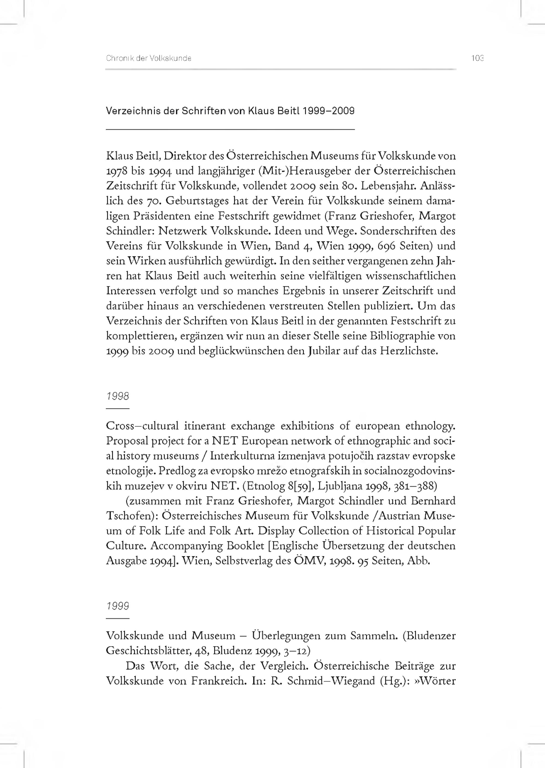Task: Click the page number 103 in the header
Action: pyautogui.click(x=477, y=58)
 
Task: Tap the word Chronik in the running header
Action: pyautogui.click(x=116, y=58)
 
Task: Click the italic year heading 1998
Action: pyautogui.click(x=118, y=397)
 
